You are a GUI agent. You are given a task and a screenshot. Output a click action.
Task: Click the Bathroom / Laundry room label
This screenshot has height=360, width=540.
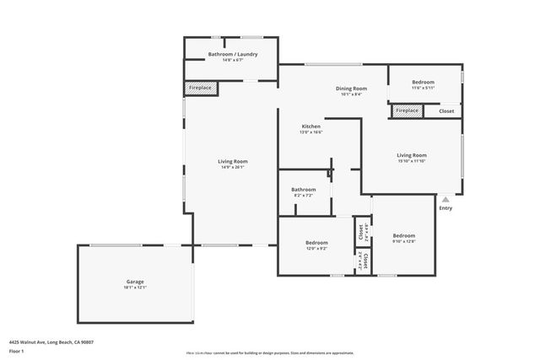233,55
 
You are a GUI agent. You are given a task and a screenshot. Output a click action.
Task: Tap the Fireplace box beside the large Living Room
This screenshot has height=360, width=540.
202,88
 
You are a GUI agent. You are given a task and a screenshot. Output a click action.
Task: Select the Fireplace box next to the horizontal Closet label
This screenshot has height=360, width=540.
407,110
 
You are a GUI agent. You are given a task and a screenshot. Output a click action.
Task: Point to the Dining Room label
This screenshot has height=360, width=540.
351,89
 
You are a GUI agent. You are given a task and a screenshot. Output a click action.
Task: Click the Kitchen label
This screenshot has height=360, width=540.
310,126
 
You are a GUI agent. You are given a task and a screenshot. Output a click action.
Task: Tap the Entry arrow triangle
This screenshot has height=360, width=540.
445,200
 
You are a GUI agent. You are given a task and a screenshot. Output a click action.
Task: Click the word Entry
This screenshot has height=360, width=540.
445,208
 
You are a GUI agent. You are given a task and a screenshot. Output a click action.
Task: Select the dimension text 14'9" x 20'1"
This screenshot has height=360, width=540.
232,167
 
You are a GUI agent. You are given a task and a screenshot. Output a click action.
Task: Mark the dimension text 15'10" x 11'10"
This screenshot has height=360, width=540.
412,161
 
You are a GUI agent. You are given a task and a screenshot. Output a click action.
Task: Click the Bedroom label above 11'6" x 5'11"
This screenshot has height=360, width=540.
423,83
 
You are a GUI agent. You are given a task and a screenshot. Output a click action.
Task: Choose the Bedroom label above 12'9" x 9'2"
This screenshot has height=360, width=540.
316,243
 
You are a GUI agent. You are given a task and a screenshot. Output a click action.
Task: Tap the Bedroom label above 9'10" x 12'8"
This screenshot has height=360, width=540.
403,235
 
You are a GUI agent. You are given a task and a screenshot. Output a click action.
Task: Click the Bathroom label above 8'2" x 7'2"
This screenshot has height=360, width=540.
303,190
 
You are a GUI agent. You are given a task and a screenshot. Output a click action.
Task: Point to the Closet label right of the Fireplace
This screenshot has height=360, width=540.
445,110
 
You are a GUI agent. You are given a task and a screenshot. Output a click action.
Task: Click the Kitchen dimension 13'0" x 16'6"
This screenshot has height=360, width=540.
310,132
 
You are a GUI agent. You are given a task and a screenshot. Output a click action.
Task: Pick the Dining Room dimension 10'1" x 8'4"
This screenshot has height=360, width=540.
351,94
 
